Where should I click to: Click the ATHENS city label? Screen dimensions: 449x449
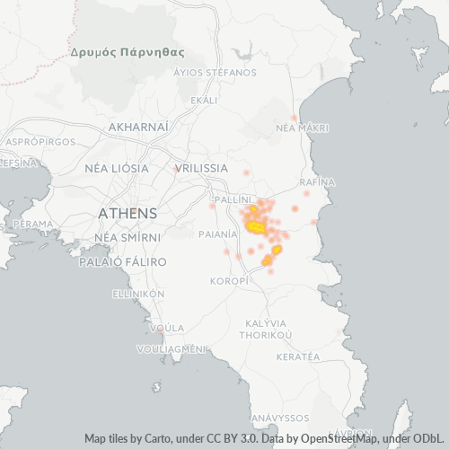tap(127, 214)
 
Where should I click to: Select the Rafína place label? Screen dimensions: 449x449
tap(317, 181)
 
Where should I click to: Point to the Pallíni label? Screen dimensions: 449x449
tap(233, 196)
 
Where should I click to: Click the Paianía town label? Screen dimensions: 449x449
tap(217, 233)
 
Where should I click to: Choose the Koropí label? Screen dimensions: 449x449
tap(228, 281)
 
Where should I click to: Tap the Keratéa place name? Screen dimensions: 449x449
tap(298, 357)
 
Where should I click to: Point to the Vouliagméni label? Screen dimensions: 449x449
tap(172, 348)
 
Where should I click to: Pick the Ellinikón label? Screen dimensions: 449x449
tap(138, 294)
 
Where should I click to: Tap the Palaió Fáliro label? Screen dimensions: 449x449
tap(123, 261)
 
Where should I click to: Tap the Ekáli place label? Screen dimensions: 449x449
tap(204, 100)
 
